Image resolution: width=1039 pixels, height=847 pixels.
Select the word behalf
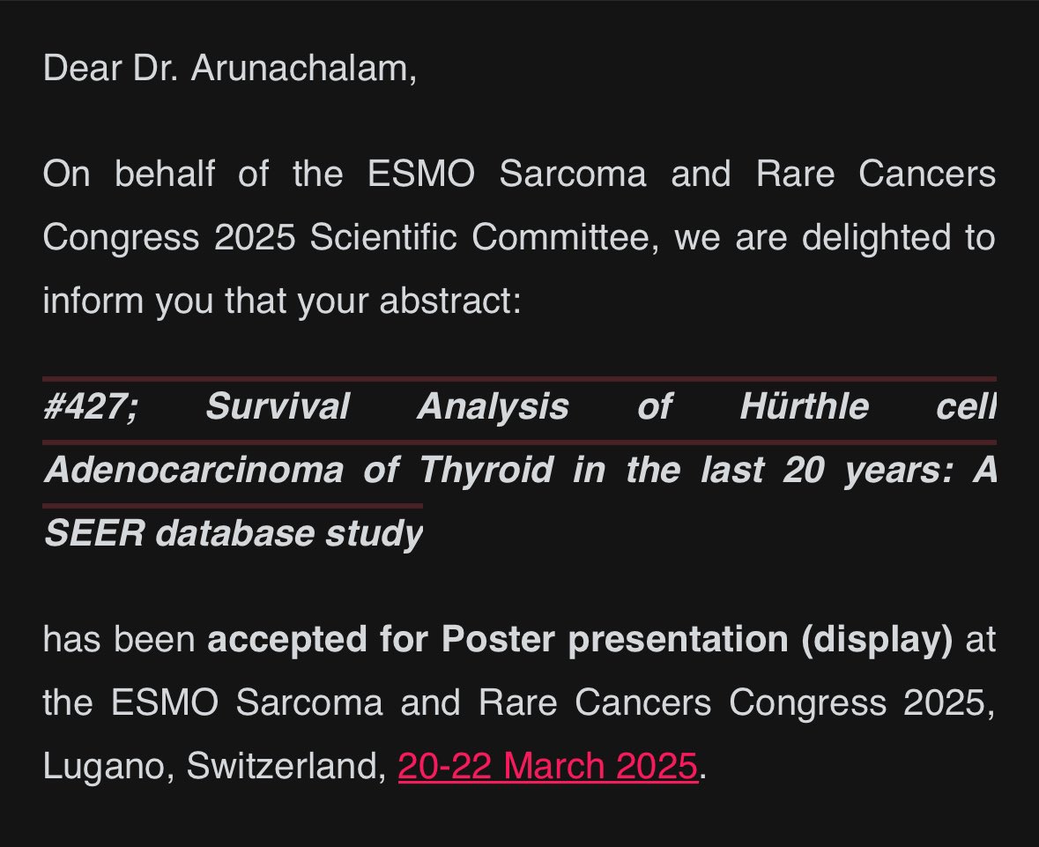[165, 174]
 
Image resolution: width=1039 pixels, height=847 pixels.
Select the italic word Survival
[277, 407]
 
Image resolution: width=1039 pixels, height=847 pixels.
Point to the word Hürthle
[804, 407]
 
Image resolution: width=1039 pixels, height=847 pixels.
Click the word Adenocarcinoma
[193, 470]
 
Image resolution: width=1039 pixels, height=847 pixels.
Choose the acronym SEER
[93, 533]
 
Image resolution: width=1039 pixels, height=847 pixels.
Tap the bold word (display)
[877, 640]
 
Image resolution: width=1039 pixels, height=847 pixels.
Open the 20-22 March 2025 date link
[547, 766]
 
